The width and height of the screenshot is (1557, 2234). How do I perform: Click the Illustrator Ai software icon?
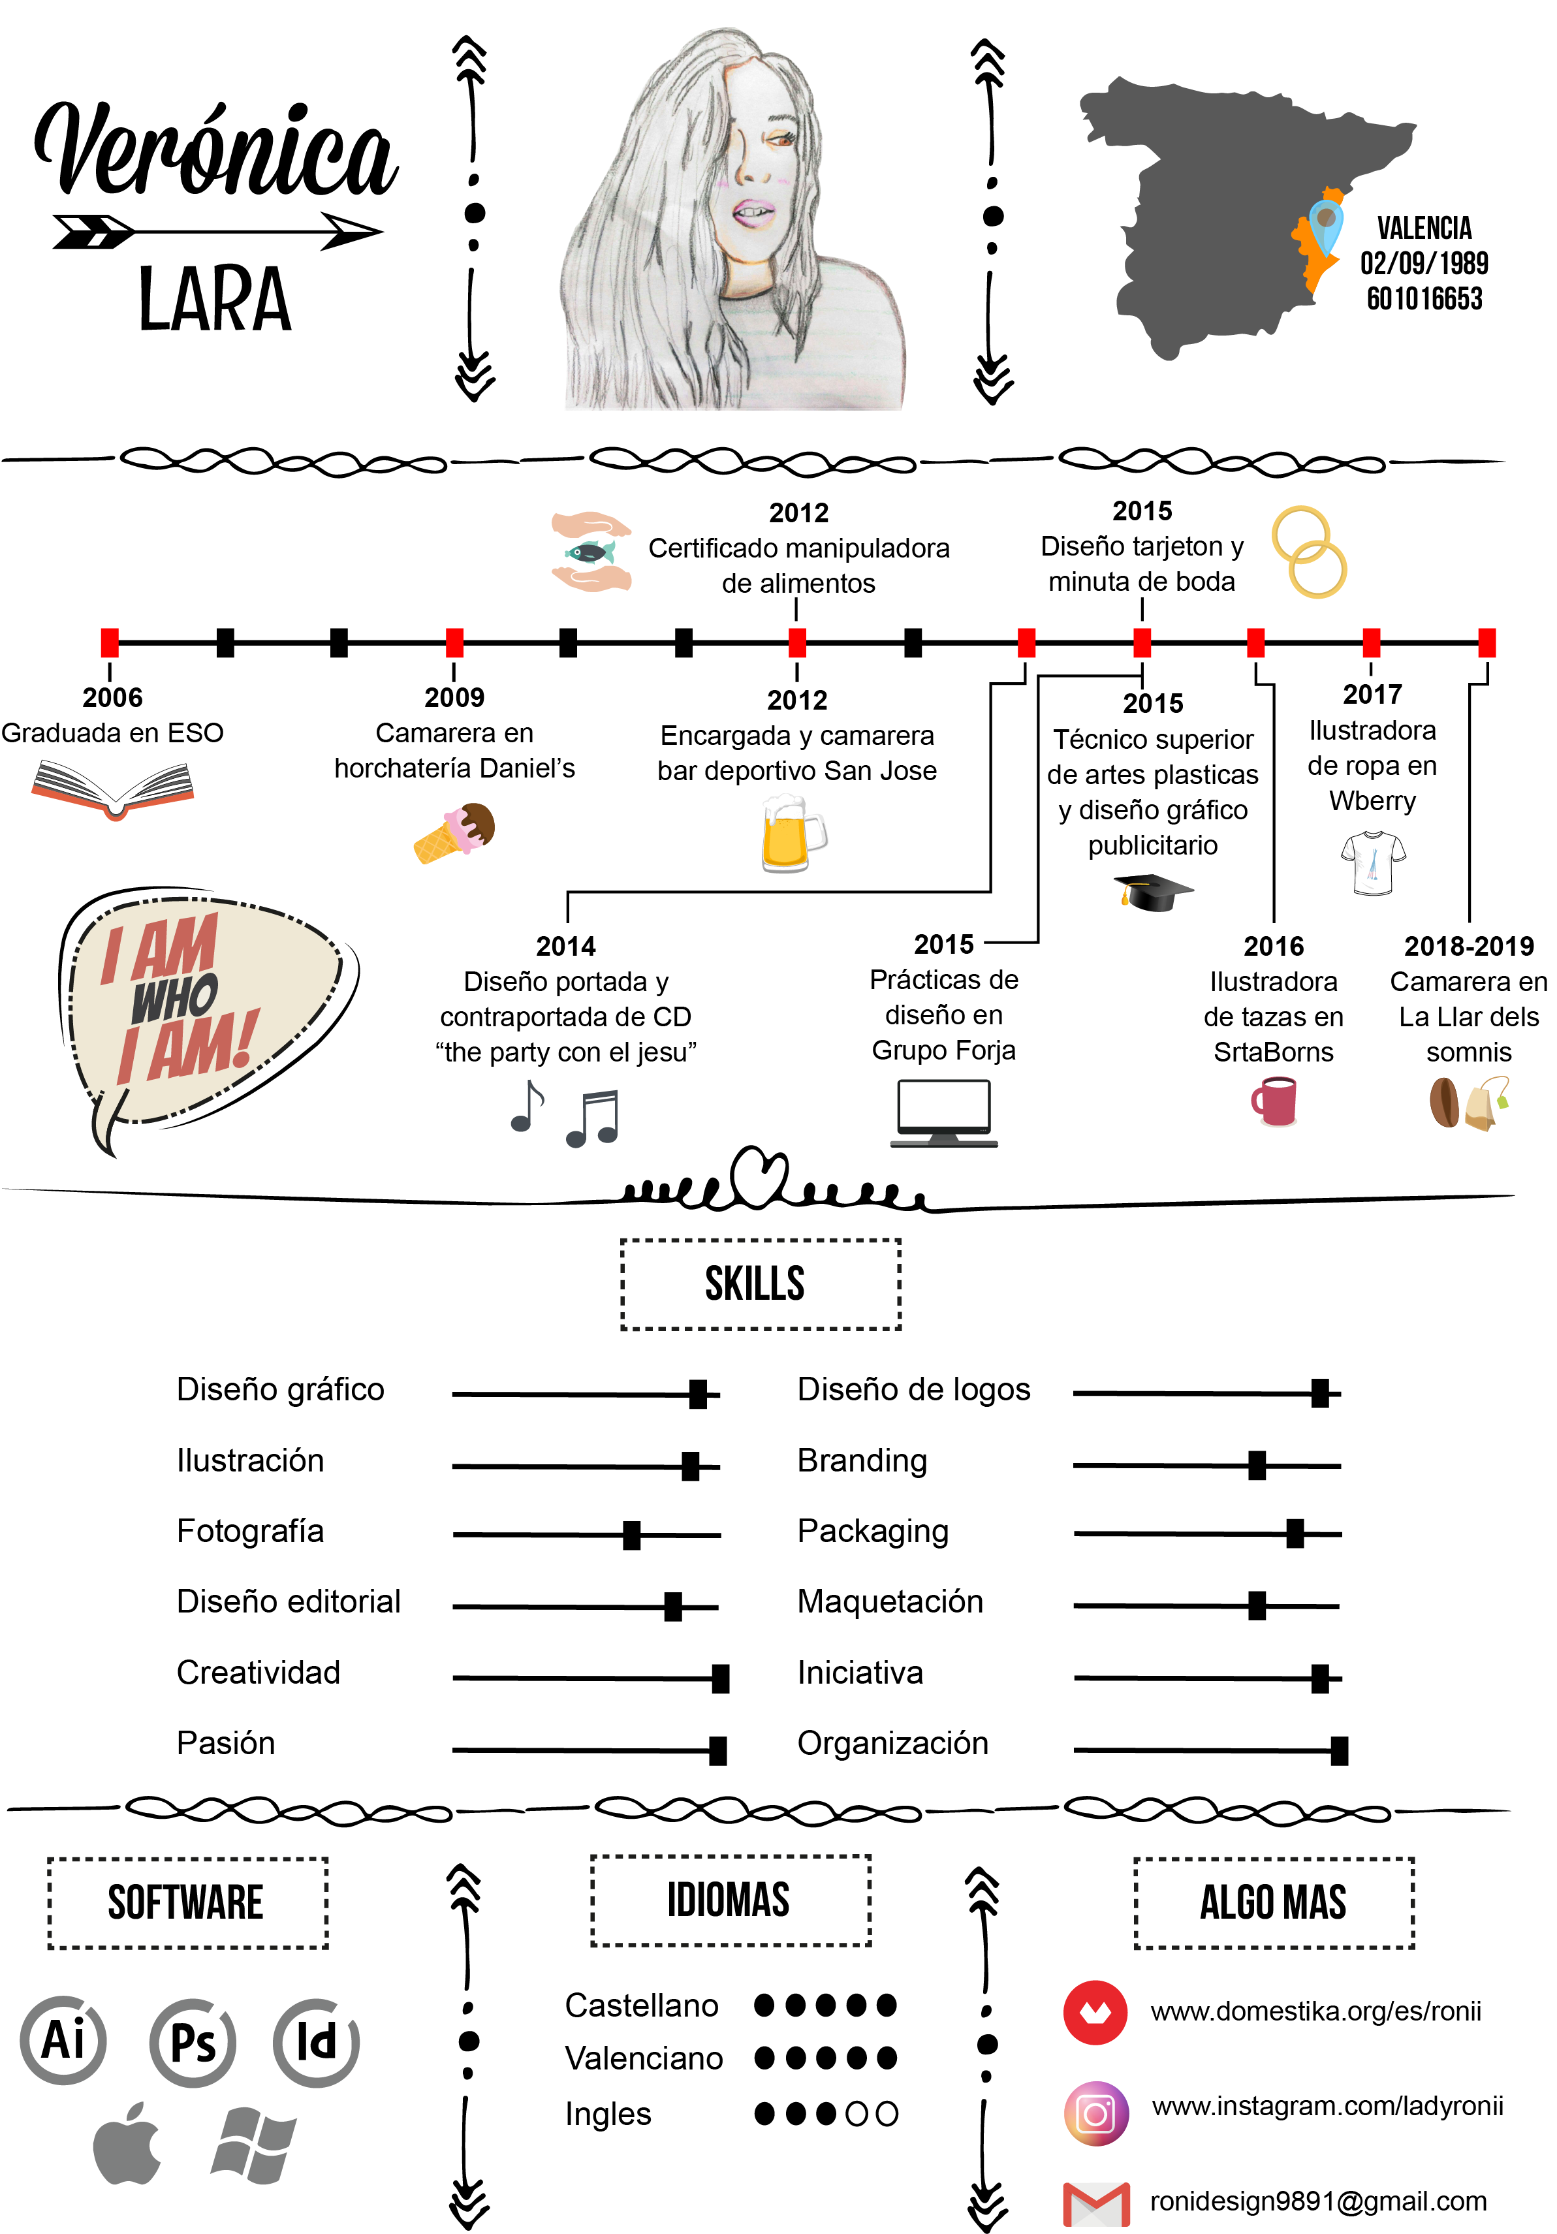click(64, 2039)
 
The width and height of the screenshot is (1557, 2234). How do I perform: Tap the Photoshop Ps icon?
click(193, 2042)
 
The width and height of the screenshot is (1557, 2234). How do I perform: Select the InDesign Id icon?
click(316, 2042)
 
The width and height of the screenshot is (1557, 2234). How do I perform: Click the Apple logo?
click(127, 2143)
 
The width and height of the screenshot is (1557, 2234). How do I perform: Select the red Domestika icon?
click(1095, 2012)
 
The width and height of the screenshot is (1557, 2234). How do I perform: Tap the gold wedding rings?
click(1310, 552)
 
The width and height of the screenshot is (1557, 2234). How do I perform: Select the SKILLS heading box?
click(761, 1284)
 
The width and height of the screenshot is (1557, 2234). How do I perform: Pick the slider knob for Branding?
click(1257, 1466)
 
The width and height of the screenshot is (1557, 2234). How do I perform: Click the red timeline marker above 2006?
click(110, 642)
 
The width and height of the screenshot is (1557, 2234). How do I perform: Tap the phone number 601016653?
click(1424, 299)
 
